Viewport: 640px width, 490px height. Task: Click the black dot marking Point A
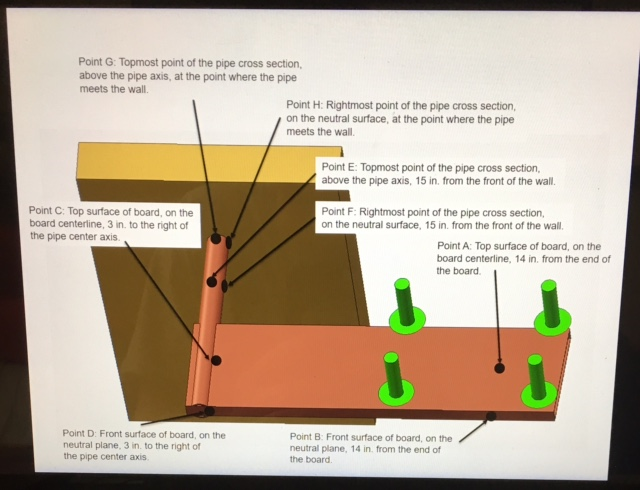(x=500, y=368)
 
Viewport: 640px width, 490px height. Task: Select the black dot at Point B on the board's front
(x=487, y=413)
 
